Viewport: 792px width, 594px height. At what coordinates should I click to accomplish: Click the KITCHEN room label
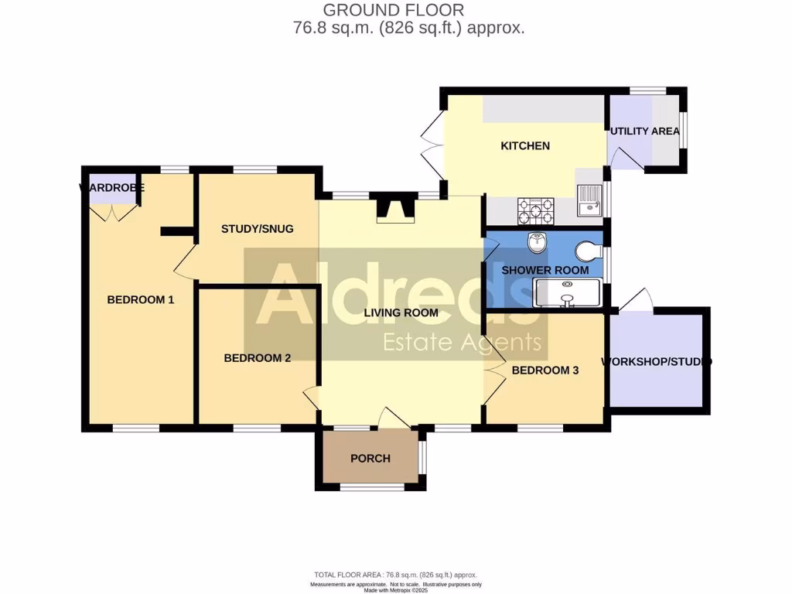click(x=525, y=146)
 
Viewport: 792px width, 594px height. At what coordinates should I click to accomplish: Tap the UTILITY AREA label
click(x=645, y=131)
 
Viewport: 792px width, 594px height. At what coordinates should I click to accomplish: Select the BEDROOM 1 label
click(x=140, y=299)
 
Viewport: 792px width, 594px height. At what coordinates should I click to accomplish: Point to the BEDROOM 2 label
click(x=257, y=358)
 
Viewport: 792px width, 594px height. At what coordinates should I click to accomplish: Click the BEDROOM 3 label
click(x=544, y=370)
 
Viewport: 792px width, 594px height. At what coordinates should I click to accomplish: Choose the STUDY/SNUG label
click(x=257, y=229)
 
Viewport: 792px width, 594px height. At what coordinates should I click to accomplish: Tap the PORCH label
click(x=370, y=458)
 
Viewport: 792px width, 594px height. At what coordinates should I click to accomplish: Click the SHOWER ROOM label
click(x=544, y=271)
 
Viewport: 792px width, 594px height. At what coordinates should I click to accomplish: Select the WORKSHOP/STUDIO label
click(x=657, y=362)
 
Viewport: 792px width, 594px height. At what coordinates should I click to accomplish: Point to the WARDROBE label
click(x=112, y=188)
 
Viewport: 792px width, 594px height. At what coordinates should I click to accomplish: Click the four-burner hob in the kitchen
click(x=535, y=208)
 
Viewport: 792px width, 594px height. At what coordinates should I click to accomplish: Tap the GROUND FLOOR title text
click(x=393, y=10)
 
